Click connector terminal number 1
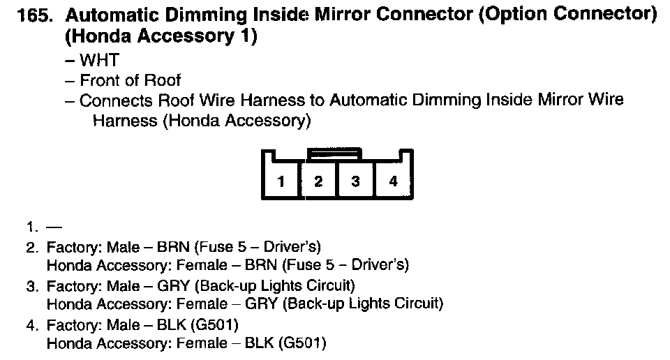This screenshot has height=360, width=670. pos(281,182)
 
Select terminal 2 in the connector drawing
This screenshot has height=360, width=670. pos(318,182)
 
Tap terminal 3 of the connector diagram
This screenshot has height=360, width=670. pos(355,182)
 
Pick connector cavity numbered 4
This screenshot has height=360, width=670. pos(393,182)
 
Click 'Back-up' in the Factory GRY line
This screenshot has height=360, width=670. pos(223,285)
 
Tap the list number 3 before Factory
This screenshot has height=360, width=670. pos(31,285)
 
